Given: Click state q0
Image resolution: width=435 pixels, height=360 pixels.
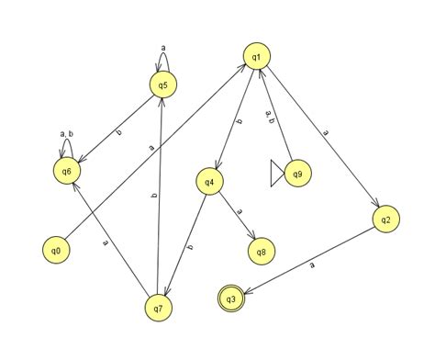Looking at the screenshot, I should pyautogui.click(x=56, y=250).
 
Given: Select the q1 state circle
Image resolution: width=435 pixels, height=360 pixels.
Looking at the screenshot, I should pyautogui.click(x=256, y=57).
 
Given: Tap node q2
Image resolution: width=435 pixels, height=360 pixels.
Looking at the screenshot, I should pyautogui.click(x=386, y=219).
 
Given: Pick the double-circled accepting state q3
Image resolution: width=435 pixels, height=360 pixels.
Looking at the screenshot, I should pyautogui.click(x=232, y=298).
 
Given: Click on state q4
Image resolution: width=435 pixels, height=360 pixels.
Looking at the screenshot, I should pyautogui.click(x=210, y=182).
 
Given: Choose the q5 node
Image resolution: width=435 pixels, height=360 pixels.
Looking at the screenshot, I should pyautogui.click(x=162, y=85).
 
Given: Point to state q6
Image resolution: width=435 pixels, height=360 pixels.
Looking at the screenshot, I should pyautogui.click(x=65, y=171).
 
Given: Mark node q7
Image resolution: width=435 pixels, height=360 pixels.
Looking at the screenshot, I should pyautogui.click(x=159, y=309).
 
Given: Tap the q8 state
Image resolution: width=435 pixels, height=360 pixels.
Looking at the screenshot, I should pyautogui.click(x=262, y=251).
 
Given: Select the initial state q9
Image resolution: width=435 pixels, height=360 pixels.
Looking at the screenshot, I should pyautogui.click(x=296, y=174).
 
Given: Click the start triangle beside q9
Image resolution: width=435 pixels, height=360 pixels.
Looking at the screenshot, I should pyautogui.click(x=276, y=174).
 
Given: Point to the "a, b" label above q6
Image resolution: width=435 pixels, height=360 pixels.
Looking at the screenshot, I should pyautogui.click(x=65, y=135).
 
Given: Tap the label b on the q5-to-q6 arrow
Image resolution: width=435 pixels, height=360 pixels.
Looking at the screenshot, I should pyautogui.click(x=118, y=132).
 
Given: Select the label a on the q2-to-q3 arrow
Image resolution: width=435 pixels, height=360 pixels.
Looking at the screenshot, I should pyautogui.click(x=312, y=265).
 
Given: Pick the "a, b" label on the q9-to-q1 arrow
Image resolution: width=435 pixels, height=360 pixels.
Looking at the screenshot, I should pyautogui.click(x=269, y=116).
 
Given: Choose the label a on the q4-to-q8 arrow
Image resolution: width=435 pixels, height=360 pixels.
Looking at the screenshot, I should pyautogui.click(x=240, y=211).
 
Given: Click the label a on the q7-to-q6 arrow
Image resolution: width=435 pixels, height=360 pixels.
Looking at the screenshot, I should pyautogui.click(x=106, y=242).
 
